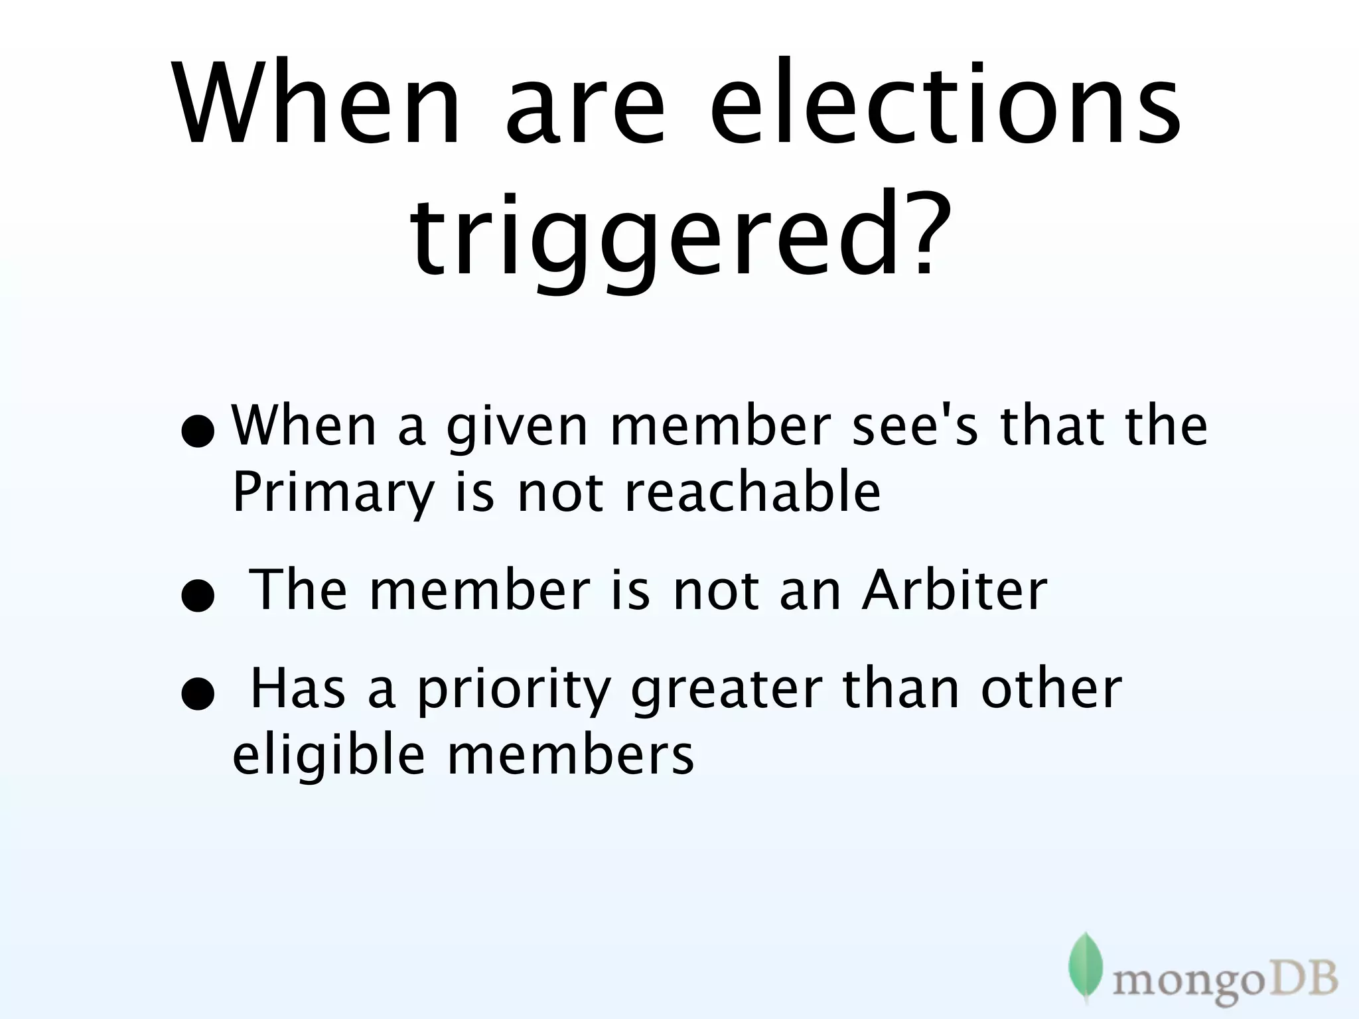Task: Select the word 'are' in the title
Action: pyautogui.click(x=585, y=109)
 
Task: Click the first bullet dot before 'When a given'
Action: pyautogui.click(x=198, y=433)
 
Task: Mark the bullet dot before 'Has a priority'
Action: pyautogui.click(x=198, y=695)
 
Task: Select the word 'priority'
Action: pyautogui.click(x=514, y=690)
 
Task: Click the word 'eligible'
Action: pyautogui.click(x=328, y=756)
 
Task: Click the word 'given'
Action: pyautogui.click(x=517, y=428)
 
